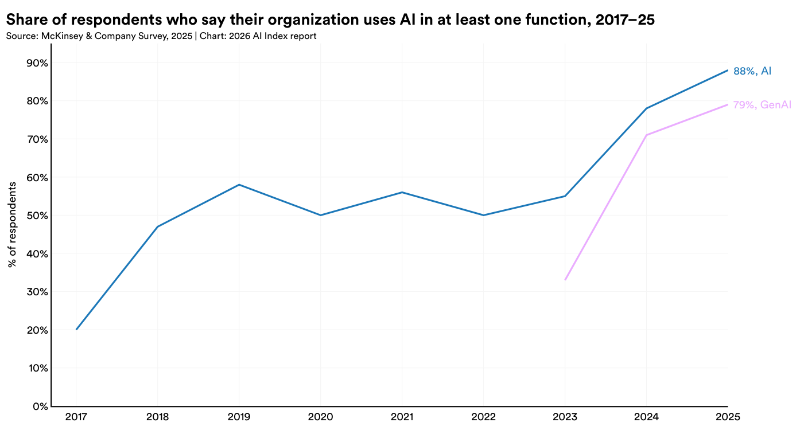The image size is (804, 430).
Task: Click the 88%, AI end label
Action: pyautogui.click(x=752, y=71)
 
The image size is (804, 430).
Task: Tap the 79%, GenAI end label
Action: pyautogui.click(x=762, y=105)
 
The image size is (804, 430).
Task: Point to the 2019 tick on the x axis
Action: pyautogui.click(x=239, y=417)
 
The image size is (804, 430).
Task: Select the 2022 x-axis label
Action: pyautogui.click(x=483, y=417)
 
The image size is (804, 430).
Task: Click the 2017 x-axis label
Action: pyautogui.click(x=76, y=417)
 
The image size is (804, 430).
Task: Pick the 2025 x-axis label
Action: pyautogui.click(x=728, y=417)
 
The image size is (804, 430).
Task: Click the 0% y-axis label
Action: pyautogui.click(x=41, y=406)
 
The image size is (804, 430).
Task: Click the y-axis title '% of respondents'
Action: pyautogui.click(x=12, y=225)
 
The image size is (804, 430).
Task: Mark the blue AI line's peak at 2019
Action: pyautogui.click(x=239, y=185)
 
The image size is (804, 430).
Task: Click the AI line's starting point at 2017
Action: pyautogui.click(x=76, y=329)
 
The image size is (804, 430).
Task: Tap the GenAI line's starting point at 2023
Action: pyautogui.click(x=565, y=280)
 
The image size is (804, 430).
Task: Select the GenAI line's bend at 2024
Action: pyautogui.click(x=646, y=135)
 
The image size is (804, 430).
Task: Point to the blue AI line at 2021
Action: pyautogui.click(x=402, y=192)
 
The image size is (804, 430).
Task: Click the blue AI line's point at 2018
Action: pyautogui.click(x=158, y=226)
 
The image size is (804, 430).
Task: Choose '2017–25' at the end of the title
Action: pyautogui.click(x=625, y=19)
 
